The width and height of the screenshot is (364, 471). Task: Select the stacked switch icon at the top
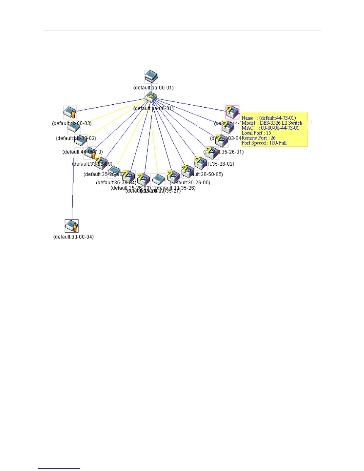click(151, 77)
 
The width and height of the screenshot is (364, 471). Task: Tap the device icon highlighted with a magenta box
click(232, 112)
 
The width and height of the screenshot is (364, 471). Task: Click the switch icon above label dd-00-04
click(72, 226)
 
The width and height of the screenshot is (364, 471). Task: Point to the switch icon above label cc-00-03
click(70, 112)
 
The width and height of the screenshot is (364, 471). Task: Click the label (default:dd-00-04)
click(73, 237)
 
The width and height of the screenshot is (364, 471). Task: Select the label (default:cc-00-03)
click(72, 123)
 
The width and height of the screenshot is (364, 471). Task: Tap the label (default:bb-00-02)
click(76, 138)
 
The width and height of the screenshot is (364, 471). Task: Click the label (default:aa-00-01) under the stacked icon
click(153, 88)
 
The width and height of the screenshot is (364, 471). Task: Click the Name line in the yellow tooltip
click(269, 118)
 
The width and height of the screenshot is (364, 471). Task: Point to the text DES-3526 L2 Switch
click(281, 123)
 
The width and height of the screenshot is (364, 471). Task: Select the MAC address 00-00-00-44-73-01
click(280, 128)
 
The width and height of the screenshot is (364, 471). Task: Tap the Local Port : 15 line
click(256, 133)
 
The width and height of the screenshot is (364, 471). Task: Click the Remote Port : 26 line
click(258, 138)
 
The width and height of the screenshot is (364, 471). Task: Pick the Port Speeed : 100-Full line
click(264, 143)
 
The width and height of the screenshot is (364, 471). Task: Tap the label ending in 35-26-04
click(116, 183)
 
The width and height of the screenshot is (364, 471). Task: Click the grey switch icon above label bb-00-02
click(74, 128)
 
